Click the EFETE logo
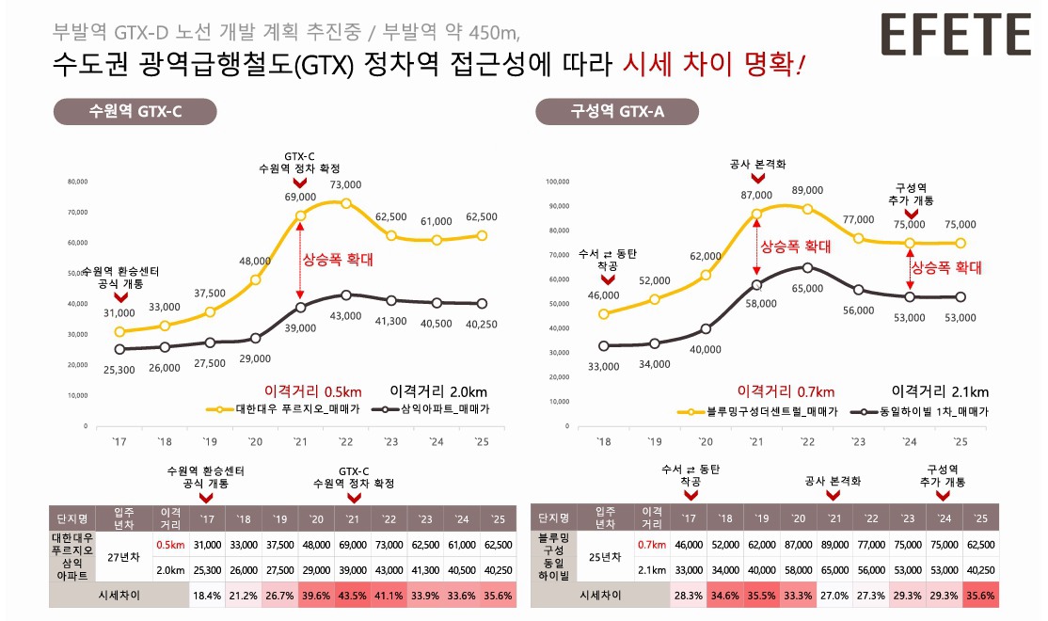click(956, 35)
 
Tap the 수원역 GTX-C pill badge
click(135, 111)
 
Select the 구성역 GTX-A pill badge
click(616, 111)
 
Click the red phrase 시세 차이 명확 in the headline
click(713, 67)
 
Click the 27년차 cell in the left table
click(124, 556)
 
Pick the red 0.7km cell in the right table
click(652, 544)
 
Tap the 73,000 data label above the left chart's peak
click(346, 185)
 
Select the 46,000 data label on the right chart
click(603, 295)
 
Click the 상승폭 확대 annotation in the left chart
click(337, 256)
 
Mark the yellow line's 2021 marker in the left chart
click(300, 215)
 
